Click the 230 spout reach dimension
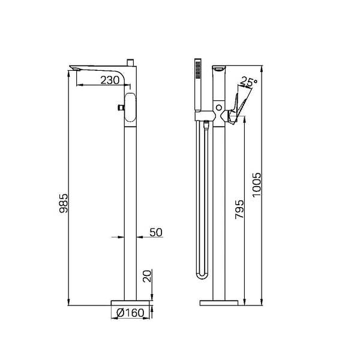pos(110,80)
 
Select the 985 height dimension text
pos(64,203)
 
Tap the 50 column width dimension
pos(156,232)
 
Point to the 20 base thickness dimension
pos(147,276)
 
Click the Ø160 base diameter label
pos(130,313)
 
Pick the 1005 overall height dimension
pos(257,185)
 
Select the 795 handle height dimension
pos(239,209)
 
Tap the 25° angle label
pos(248,82)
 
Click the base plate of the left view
pos(130,303)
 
